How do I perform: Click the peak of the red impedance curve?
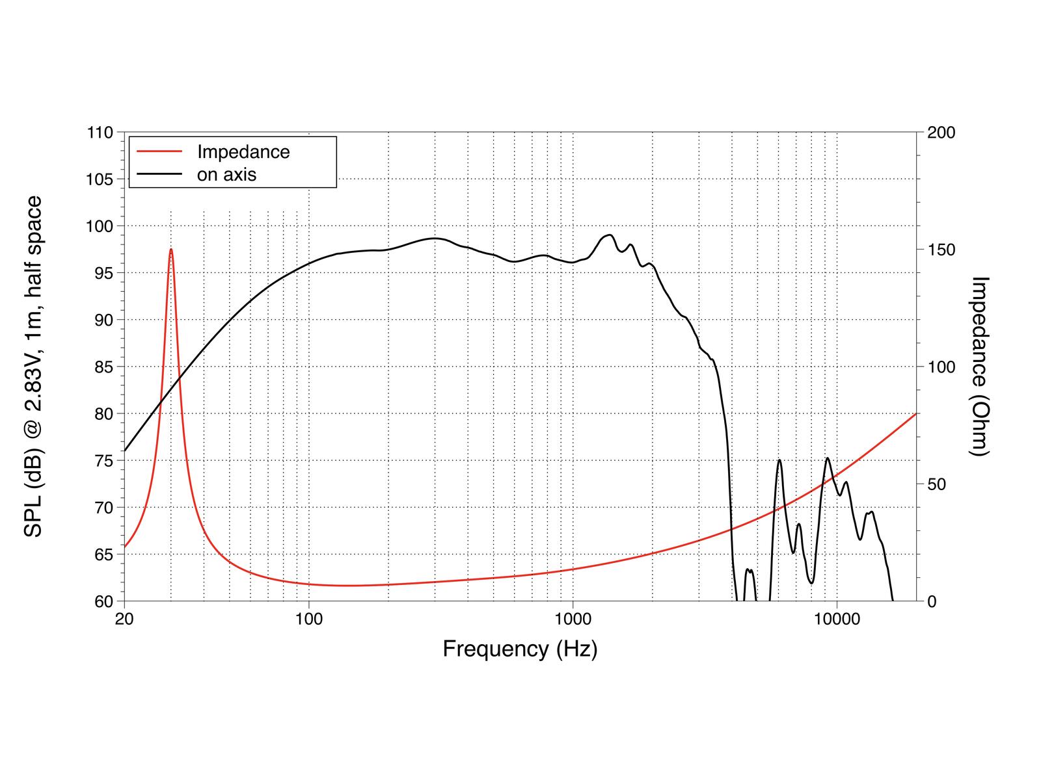pos(170,249)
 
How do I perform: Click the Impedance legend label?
pos(243,152)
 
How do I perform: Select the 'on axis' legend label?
pos(226,175)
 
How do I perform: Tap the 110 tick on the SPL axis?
pos(100,133)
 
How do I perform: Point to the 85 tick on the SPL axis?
pos(104,367)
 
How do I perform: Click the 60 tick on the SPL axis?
pos(104,601)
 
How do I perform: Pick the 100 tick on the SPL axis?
pos(100,226)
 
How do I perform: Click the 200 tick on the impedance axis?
pos(941,133)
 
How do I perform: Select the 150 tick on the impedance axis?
pos(941,250)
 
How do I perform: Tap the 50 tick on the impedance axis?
pos(937,484)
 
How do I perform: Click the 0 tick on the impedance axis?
pos(932,601)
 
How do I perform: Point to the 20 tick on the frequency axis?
pos(124,619)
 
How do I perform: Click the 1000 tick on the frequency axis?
pos(573,619)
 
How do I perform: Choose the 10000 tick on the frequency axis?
pos(837,619)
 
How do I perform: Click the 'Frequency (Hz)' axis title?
pos(520,649)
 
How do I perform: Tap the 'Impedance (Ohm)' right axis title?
pos(979,367)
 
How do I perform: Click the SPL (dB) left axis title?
pos(33,367)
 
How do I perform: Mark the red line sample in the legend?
pos(159,151)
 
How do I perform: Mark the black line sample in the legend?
pos(159,174)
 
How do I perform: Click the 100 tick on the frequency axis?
pos(309,619)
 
